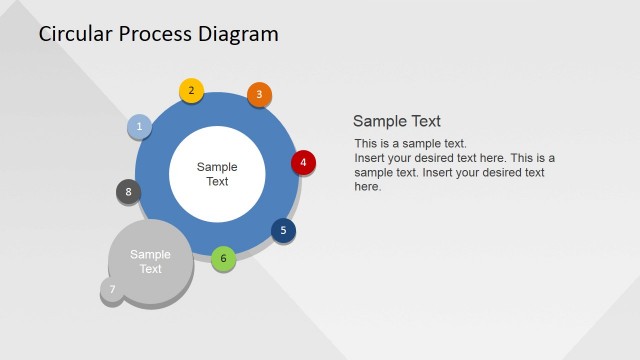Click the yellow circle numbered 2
point(191,91)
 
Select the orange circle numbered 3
point(259,95)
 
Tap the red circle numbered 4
point(303,162)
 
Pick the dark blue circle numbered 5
point(283,231)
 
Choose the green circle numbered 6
point(224,258)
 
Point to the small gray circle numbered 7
point(113,291)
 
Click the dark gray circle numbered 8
point(128,192)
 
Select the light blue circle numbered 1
point(139,126)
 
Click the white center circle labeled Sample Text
point(217,174)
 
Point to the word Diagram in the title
point(240,34)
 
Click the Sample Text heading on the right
point(397,121)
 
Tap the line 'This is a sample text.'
point(410,144)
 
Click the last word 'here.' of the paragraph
point(368,187)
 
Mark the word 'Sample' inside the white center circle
point(217,167)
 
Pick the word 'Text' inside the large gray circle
point(150,269)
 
